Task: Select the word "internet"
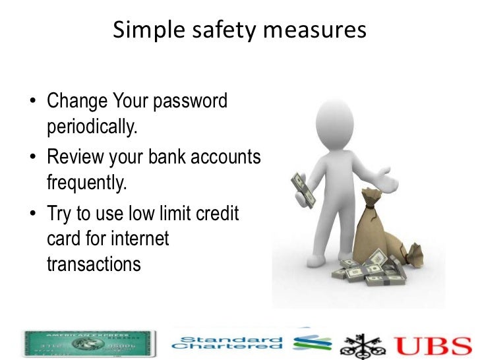140,239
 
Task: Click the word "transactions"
94,264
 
